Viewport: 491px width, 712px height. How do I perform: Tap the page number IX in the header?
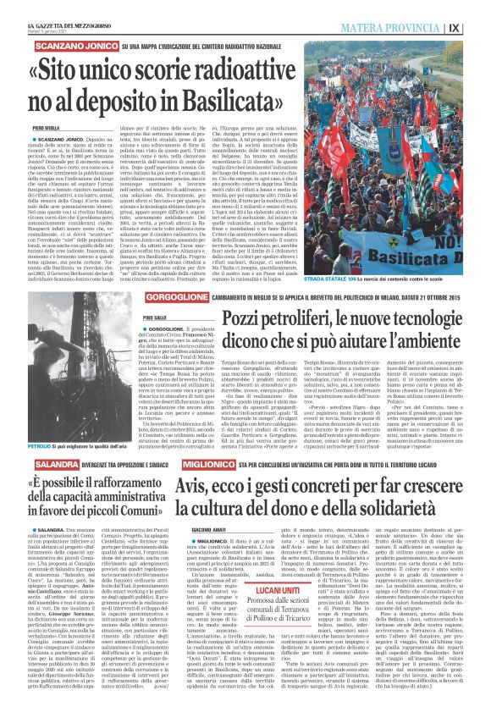tap(477, 27)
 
